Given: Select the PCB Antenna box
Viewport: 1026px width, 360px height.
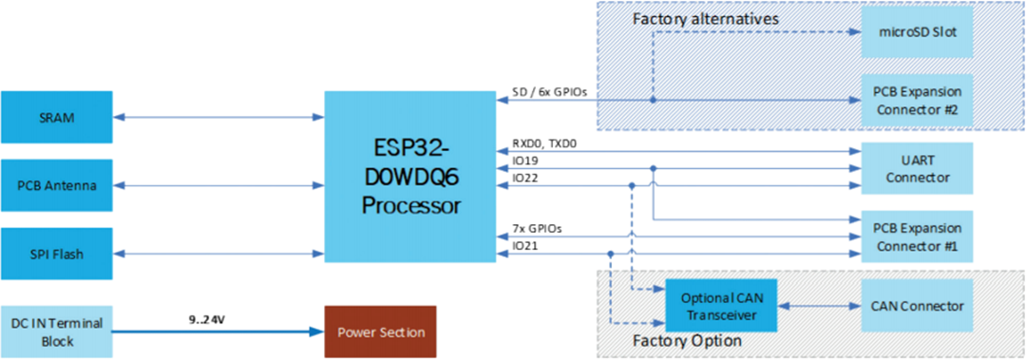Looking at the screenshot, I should (x=56, y=185).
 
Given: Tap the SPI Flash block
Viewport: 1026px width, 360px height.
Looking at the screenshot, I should (x=56, y=255).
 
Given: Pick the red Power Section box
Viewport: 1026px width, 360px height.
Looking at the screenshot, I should (x=380, y=332).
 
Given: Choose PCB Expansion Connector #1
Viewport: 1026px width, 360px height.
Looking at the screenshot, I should (x=917, y=236).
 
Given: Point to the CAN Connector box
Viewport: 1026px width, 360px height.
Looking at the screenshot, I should (x=917, y=306).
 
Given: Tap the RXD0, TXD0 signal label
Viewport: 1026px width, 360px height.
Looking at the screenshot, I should (x=544, y=144).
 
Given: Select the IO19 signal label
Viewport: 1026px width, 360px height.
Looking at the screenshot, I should (x=525, y=161).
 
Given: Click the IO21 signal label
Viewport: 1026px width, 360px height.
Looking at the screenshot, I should (x=525, y=245).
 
